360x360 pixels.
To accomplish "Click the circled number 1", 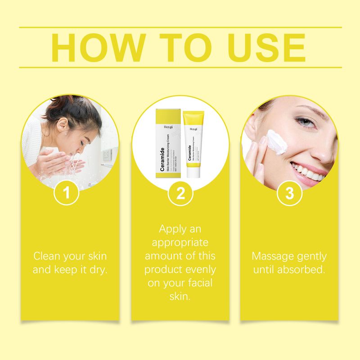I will (x=67, y=193).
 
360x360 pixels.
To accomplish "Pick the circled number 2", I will (x=180, y=193).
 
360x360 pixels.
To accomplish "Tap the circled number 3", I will (x=290, y=193).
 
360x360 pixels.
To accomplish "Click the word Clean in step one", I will (x=48, y=256).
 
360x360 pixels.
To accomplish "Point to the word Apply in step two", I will (x=172, y=229).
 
